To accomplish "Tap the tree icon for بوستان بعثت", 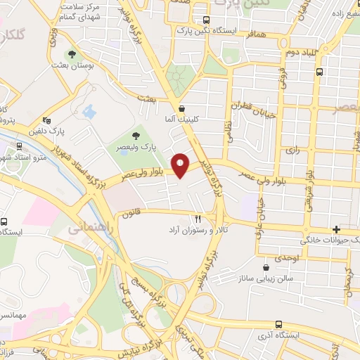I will click(70, 53).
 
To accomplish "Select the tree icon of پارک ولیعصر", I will click(136, 136).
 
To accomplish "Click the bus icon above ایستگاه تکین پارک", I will click(205, 20).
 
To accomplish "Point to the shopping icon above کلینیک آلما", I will click(183, 108).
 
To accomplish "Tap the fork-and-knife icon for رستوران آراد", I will click(198, 219).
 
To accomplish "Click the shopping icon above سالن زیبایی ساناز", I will click(265, 267).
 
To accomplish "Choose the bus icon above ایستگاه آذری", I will click(279, 324).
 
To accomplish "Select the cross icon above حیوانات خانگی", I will click(337, 229).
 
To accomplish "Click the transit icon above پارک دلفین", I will click(46, 120).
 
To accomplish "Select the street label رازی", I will click(291, 150).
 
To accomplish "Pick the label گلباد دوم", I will click(284, 53).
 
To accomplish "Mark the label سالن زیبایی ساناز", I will click(268, 279).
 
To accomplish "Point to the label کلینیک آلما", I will click(182, 120).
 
